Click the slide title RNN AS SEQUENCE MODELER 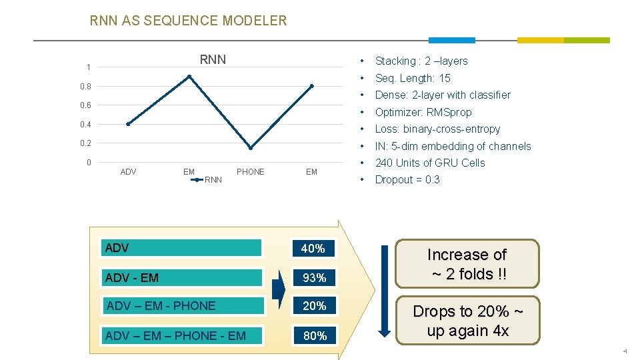coord(188,21)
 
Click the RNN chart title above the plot coord(213,60)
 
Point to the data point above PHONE coord(251,147)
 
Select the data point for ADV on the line coord(128,124)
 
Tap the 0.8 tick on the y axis coord(85,86)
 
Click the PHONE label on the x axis coord(251,172)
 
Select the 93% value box coord(313,277)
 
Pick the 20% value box coord(313,306)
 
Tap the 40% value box coord(313,249)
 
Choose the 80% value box coord(315,336)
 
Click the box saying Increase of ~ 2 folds coord(467,264)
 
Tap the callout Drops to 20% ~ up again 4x coord(467,321)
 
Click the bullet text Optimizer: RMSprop coord(423,112)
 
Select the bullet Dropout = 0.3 coord(407,179)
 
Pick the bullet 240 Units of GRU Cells coord(430,163)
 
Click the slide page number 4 coord(625,351)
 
